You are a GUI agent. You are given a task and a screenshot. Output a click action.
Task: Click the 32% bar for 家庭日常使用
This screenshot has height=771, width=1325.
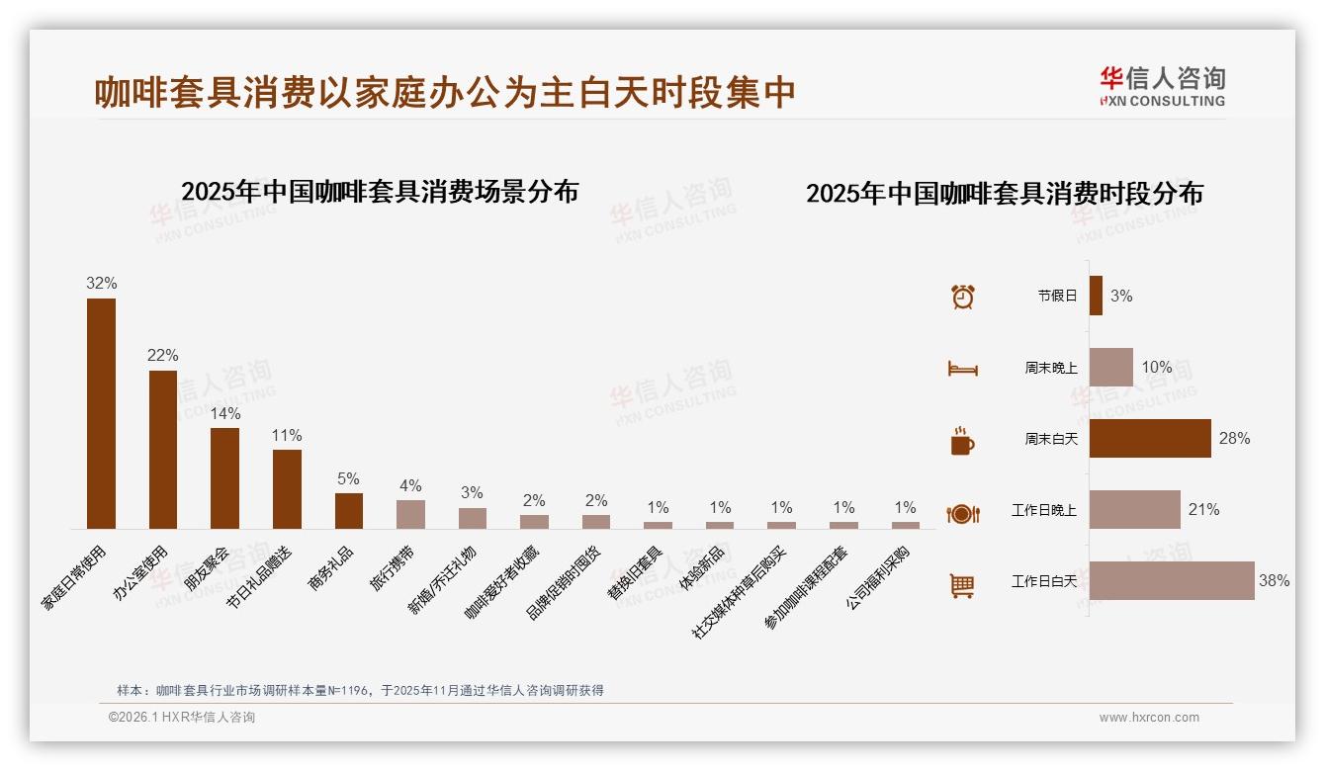pyautogui.click(x=101, y=413)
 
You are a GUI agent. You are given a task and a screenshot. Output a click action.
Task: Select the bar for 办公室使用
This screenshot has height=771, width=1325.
pyautogui.click(x=163, y=450)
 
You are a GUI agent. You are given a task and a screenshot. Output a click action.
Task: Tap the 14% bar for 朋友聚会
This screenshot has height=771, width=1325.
pyautogui.click(x=224, y=478)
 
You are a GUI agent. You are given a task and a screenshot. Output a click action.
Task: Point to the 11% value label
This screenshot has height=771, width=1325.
pyautogui.click(x=287, y=435)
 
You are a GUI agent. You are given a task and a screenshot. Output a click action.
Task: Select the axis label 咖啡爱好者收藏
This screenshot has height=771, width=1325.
pyautogui.click(x=504, y=583)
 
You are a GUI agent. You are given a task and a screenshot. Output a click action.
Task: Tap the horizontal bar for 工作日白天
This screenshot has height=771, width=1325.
pyautogui.click(x=1172, y=581)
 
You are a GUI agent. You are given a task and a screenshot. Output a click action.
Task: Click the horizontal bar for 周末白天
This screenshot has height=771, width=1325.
pyautogui.click(x=1150, y=438)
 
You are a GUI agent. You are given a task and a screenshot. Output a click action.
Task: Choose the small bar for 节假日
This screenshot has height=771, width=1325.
pyautogui.click(x=1096, y=296)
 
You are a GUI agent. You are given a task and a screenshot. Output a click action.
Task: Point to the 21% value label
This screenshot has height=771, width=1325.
pyautogui.click(x=1203, y=510)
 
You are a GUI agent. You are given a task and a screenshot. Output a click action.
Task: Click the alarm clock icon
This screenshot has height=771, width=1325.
pyautogui.click(x=962, y=296)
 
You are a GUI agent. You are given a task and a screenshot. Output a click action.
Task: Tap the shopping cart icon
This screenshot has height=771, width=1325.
pyautogui.click(x=962, y=585)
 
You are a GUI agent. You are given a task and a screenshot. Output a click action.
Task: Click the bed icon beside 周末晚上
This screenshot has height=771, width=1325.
pyautogui.click(x=962, y=369)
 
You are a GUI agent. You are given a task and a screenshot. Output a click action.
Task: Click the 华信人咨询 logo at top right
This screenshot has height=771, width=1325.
pyautogui.click(x=1162, y=86)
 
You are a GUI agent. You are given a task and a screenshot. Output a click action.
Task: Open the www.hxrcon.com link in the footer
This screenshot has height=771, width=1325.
pyautogui.click(x=1149, y=718)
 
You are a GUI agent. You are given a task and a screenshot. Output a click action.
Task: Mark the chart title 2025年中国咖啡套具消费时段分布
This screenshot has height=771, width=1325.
pyautogui.click(x=1004, y=194)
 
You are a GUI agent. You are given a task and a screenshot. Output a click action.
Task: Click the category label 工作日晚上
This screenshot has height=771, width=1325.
pyautogui.click(x=1044, y=511)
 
